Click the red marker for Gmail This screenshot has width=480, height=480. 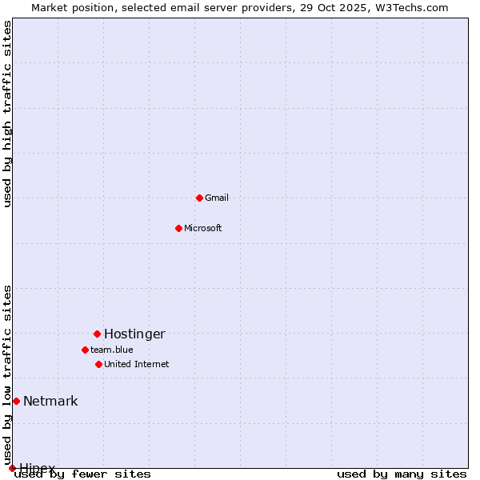click(x=199, y=198)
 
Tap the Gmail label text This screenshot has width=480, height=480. click(x=217, y=198)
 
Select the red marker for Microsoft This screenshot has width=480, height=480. click(x=178, y=228)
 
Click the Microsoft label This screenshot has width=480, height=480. click(x=203, y=229)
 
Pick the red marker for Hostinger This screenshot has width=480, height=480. click(x=97, y=334)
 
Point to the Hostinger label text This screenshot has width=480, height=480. click(x=134, y=334)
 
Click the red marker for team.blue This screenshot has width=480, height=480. click(x=85, y=350)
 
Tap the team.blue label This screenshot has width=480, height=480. click(x=112, y=350)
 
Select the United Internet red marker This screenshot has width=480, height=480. click(x=98, y=364)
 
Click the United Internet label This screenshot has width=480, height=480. click(x=137, y=365)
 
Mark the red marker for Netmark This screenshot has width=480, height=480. click(x=16, y=401)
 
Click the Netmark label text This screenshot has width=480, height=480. click(x=50, y=402)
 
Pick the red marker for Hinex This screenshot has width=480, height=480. click(x=12, y=468)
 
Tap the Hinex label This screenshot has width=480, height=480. click(x=38, y=468)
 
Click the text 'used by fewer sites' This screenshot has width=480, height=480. click(x=83, y=474)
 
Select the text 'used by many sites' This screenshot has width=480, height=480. click(x=402, y=474)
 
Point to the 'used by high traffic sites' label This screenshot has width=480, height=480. click(x=8, y=114)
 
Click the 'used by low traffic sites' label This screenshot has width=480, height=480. click(x=8, y=375)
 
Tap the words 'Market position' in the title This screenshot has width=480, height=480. click(x=70, y=8)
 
